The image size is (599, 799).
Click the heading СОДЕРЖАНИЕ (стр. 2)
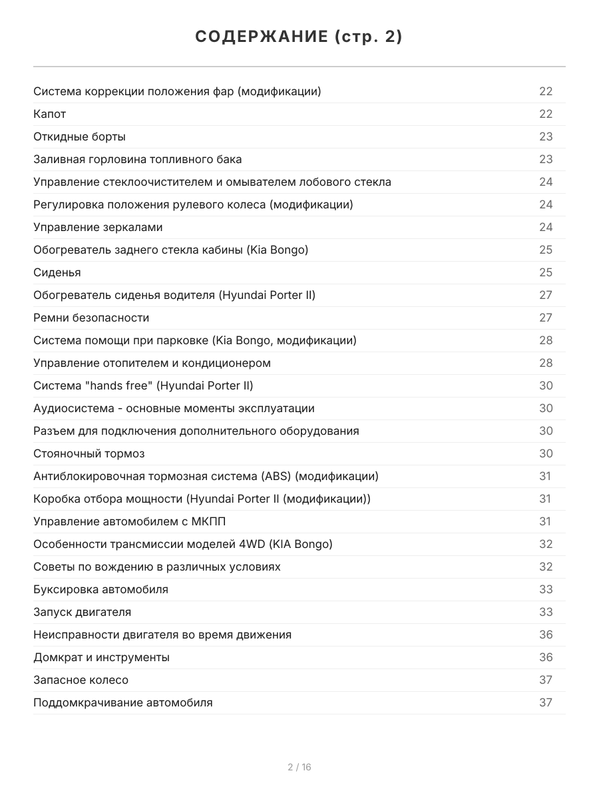point(299,37)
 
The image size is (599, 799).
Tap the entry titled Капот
point(50,114)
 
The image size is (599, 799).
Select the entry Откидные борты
point(79,136)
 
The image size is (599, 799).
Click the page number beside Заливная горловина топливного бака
point(546,159)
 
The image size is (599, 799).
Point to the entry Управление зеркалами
point(98,227)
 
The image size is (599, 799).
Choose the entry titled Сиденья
point(57,272)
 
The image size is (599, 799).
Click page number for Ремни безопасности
point(546,318)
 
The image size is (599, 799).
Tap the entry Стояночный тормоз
point(89,453)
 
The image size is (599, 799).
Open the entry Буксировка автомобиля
point(100,589)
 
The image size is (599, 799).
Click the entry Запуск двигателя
point(82,612)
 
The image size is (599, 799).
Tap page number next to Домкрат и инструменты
point(546,657)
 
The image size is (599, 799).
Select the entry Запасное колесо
point(81,680)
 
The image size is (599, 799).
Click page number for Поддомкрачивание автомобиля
point(546,702)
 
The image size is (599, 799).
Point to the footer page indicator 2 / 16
point(299,767)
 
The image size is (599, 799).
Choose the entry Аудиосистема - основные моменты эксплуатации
point(174,408)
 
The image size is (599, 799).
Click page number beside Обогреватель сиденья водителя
point(546,295)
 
